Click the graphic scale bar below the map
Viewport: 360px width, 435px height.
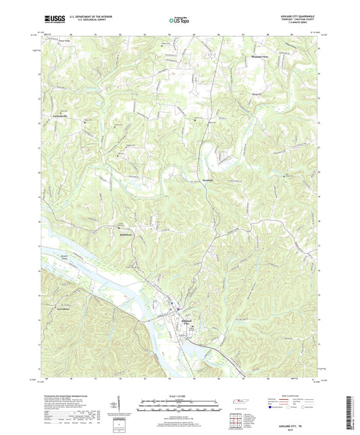click(x=179, y=404)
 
